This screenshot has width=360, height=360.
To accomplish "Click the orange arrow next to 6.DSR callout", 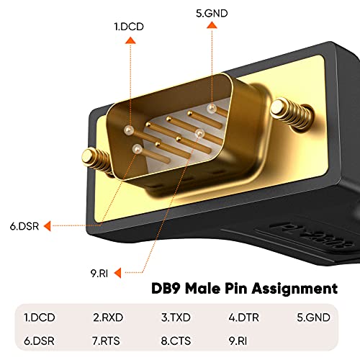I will [x=47, y=225].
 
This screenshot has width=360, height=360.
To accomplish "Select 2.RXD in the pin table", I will [x=107, y=317].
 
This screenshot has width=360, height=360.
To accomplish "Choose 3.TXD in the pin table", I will [x=176, y=317].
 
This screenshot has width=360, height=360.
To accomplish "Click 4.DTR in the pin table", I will [x=243, y=317].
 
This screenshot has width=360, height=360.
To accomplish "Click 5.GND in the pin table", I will [x=312, y=317].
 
